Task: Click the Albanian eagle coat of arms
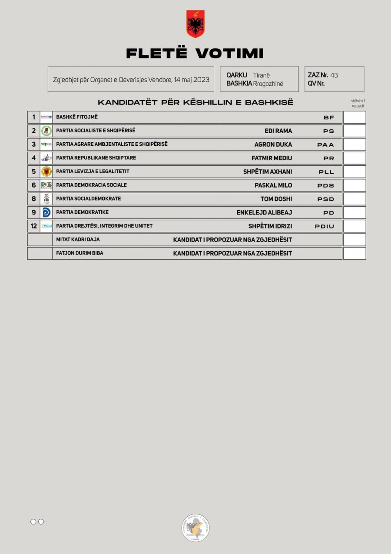click(x=195, y=24)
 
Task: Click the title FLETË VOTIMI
click(x=195, y=54)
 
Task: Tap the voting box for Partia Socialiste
click(x=355, y=131)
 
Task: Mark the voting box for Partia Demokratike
click(x=355, y=213)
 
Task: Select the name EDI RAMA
click(x=278, y=131)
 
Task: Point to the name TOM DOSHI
click(x=276, y=199)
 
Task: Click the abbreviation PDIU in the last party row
click(x=325, y=226)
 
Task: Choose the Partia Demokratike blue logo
click(x=46, y=213)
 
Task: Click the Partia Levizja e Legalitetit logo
click(x=46, y=171)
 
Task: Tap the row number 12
click(x=33, y=226)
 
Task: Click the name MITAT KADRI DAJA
click(x=78, y=239)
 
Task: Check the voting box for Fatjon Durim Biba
click(x=355, y=253)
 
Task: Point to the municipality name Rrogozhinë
click(x=268, y=84)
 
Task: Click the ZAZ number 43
click(x=334, y=75)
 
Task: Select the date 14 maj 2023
click(x=191, y=80)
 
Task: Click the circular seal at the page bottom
click(x=195, y=527)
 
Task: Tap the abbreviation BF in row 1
click(x=329, y=118)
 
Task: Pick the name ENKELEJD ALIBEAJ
click(x=264, y=213)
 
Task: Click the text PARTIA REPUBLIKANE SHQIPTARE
click(x=96, y=158)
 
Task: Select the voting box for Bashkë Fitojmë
click(x=355, y=118)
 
